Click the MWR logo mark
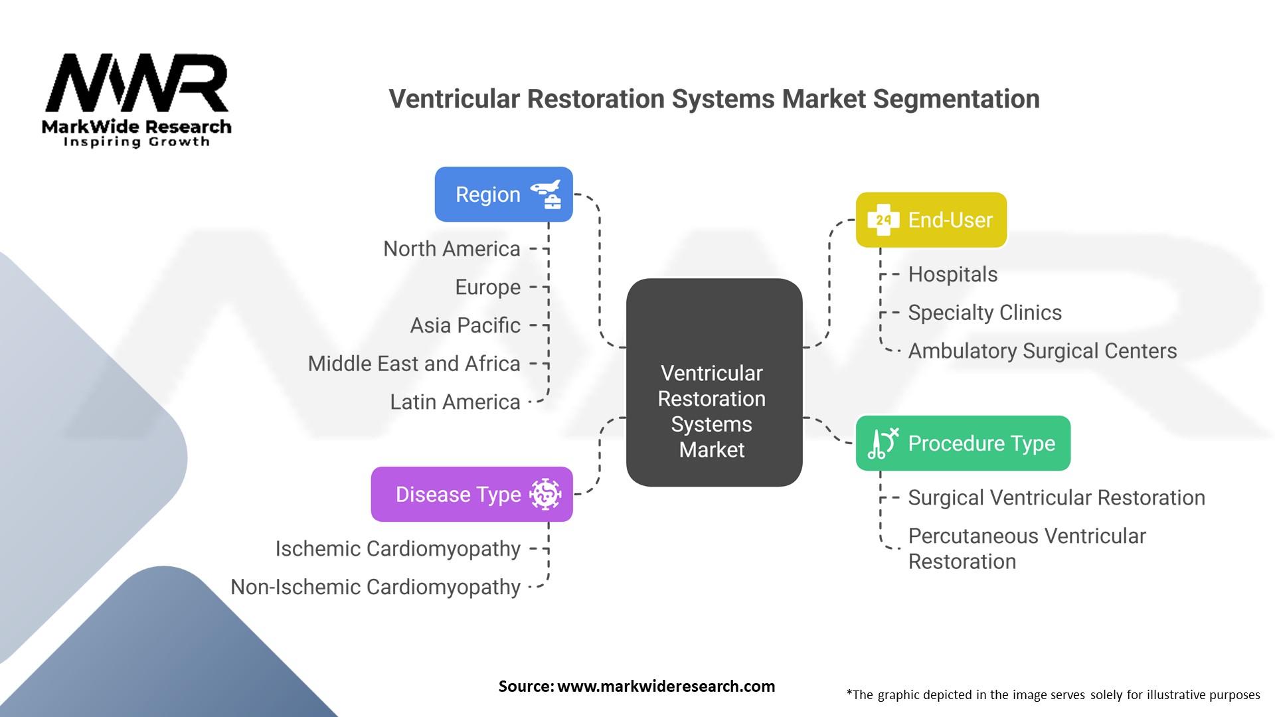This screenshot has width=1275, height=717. (x=136, y=84)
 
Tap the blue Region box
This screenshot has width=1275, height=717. (x=503, y=195)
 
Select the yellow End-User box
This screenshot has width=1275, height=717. (x=931, y=220)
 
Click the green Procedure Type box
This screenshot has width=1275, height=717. (x=963, y=443)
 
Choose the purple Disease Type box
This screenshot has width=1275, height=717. (x=471, y=494)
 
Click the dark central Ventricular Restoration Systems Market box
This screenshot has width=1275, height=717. (x=714, y=382)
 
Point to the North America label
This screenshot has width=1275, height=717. (x=452, y=249)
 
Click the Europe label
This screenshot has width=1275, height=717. (x=487, y=287)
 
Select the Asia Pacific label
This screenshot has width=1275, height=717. (x=465, y=325)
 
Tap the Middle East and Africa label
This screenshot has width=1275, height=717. (x=414, y=364)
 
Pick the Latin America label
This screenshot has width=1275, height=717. (x=455, y=402)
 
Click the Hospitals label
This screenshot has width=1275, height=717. (x=952, y=274)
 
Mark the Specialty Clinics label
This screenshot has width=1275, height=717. (x=985, y=313)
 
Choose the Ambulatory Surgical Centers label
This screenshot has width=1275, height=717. (x=1042, y=351)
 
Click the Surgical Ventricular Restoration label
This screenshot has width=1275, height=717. (x=1056, y=498)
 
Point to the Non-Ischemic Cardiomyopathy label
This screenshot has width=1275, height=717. (x=375, y=588)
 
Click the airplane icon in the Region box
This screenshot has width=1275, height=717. (x=545, y=189)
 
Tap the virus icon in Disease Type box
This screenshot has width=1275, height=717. (x=545, y=494)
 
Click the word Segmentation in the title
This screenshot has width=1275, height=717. (x=956, y=99)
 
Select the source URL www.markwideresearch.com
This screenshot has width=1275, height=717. (x=665, y=686)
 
